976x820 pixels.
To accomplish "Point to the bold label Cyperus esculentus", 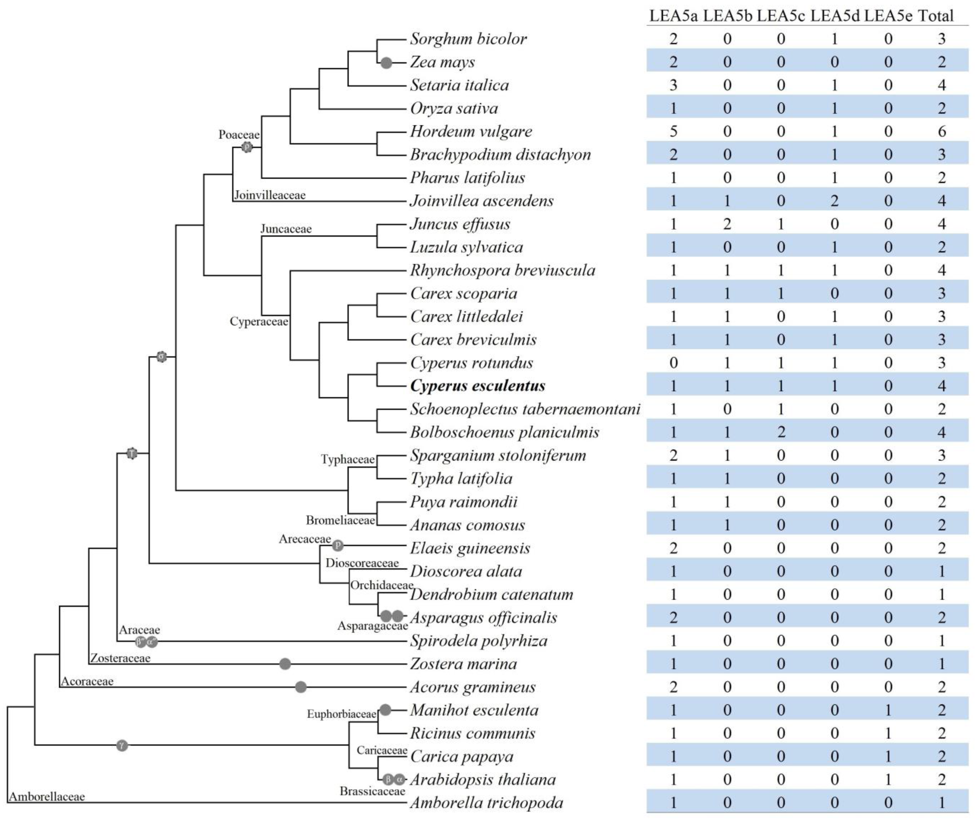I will [x=478, y=386].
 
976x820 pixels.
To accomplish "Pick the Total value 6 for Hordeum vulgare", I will [x=942, y=132].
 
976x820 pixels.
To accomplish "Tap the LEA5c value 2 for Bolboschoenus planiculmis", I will [x=781, y=432].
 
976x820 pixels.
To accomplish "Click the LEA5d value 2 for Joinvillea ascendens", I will [x=834, y=201].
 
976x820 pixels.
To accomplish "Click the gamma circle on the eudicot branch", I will [x=122, y=746].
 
